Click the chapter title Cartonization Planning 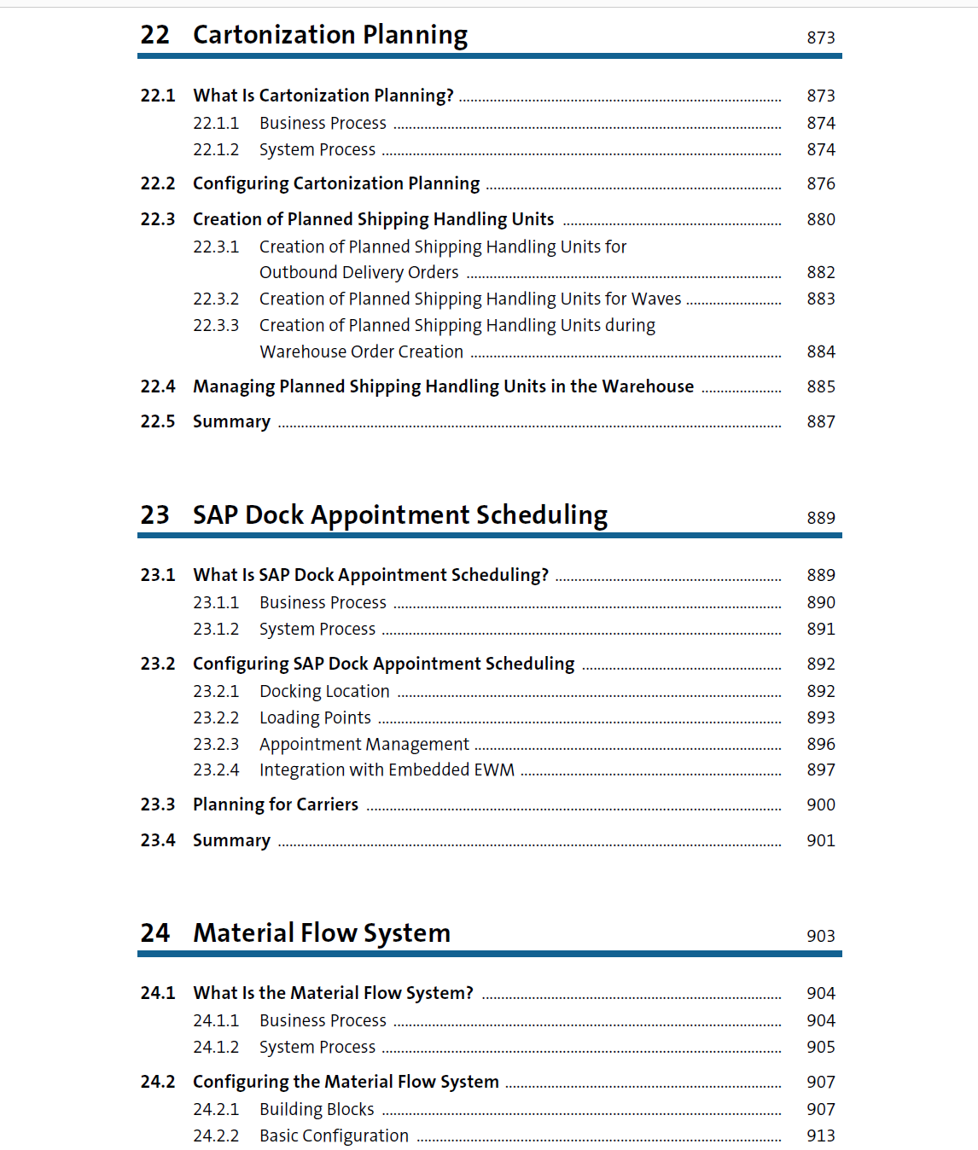(x=329, y=35)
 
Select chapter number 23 (x=155, y=515)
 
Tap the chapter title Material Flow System (x=322, y=933)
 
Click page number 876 (x=820, y=184)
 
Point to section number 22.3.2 (x=216, y=299)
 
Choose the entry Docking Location (x=324, y=692)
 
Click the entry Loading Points (x=315, y=718)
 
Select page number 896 (x=820, y=745)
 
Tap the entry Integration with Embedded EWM (x=387, y=770)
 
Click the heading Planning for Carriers (x=276, y=805)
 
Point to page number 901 (x=820, y=841)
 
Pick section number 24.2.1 (x=216, y=1110)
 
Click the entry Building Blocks (x=317, y=1110)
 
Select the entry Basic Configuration (x=334, y=1136)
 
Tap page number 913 (x=820, y=1136)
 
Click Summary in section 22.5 (x=231, y=422)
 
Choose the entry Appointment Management (x=364, y=745)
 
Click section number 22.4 (x=158, y=387)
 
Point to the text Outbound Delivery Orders (x=358, y=273)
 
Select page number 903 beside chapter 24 (x=820, y=937)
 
